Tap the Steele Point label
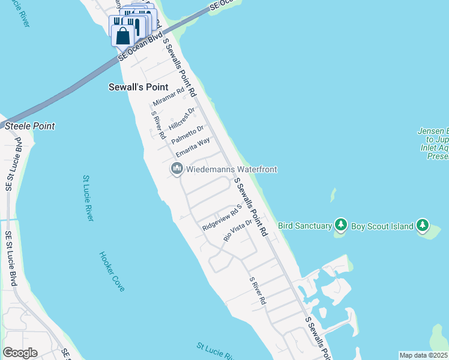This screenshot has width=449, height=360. pyautogui.click(x=30, y=126)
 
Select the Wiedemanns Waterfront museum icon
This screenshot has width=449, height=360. pyautogui.click(x=176, y=170)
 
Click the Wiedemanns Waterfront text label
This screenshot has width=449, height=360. pyautogui.click(x=232, y=170)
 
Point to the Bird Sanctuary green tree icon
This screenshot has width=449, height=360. pyautogui.click(x=341, y=226)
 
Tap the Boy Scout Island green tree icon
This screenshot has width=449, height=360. pyautogui.click(x=423, y=226)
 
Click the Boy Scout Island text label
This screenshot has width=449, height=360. pyautogui.click(x=382, y=226)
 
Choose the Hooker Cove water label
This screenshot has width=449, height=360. pyautogui.click(x=112, y=271)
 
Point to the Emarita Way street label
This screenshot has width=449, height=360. pyautogui.click(x=193, y=148)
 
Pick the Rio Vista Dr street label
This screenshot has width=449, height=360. pyautogui.click(x=237, y=230)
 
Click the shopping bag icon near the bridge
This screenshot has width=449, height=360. pyautogui.click(x=122, y=36)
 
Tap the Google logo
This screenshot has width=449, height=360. pyautogui.click(x=20, y=353)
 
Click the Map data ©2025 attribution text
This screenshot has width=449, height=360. pyautogui.click(x=423, y=355)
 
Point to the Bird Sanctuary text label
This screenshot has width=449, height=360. pyautogui.click(x=305, y=226)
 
